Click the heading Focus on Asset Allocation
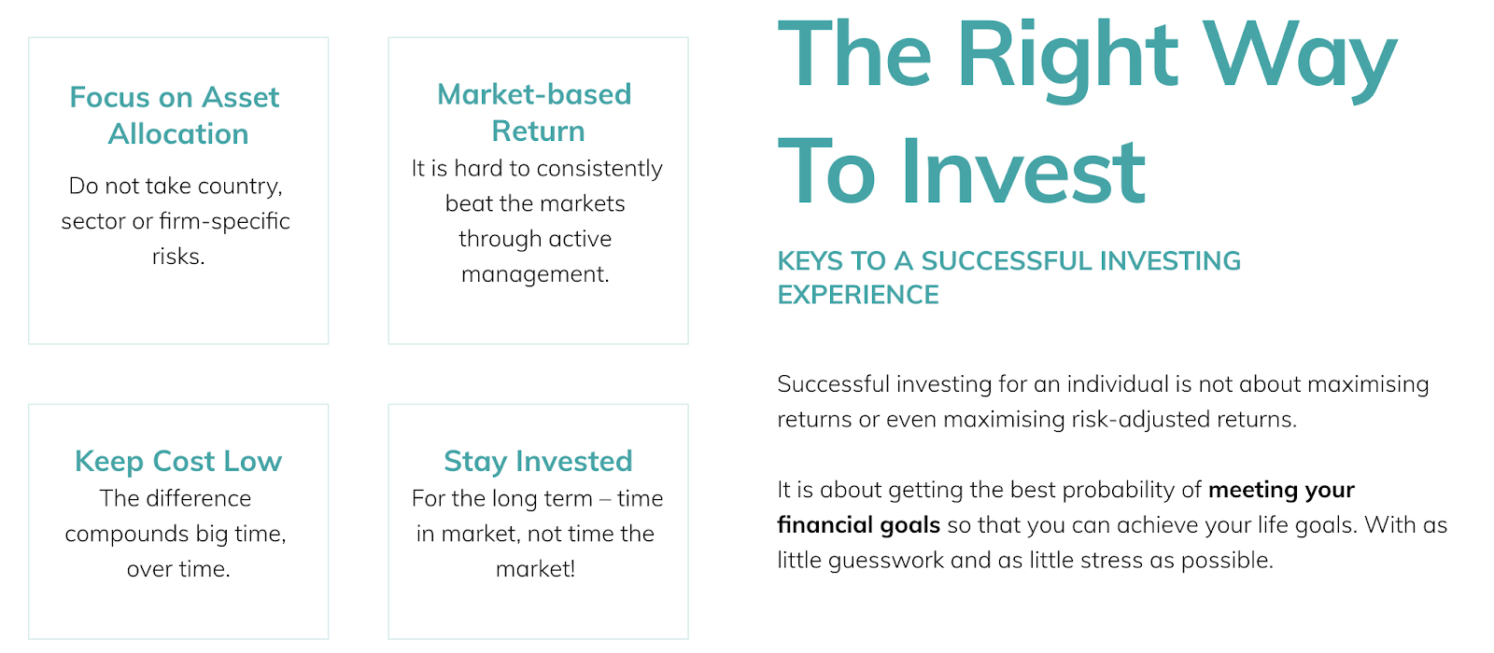(176, 116)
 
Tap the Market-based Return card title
(535, 113)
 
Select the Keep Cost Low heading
(178, 461)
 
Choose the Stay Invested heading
(538, 461)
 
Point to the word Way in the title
(1300, 60)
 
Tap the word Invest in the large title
(1023, 171)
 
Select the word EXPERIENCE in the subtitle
(858, 295)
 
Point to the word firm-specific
(225, 221)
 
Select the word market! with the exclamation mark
(535, 569)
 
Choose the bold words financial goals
(859, 525)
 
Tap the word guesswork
(886, 561)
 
